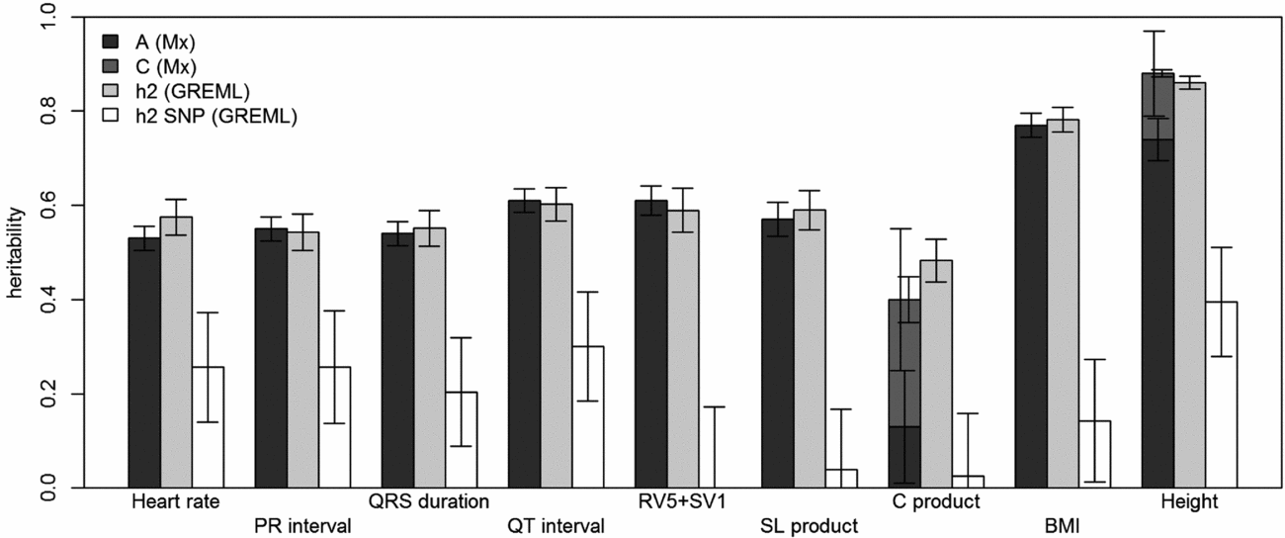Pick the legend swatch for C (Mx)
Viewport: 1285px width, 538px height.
coord(112,67)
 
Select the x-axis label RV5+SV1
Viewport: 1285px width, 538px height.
coord(682,501)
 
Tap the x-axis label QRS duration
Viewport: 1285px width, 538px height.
coord(429,501)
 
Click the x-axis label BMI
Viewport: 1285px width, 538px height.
coord(1063,525)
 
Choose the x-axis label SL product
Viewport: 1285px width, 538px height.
coord(809,525)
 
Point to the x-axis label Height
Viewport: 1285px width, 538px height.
coord(1190,501)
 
